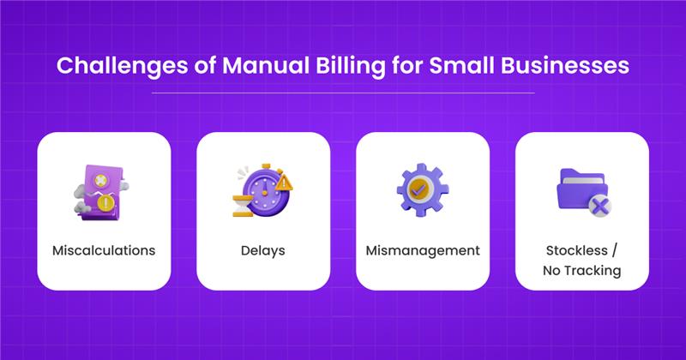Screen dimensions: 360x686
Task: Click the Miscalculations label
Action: coord(104,251)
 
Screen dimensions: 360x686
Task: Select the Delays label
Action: coord(263,251)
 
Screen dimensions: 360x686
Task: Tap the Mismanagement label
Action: coord(423,251)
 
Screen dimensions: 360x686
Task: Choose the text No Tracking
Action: coord(581,272)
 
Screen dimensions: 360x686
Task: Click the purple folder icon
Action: coord(578,188)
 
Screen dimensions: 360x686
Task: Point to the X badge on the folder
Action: coord(600,205)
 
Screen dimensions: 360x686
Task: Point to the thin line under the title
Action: coord(343,92)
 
